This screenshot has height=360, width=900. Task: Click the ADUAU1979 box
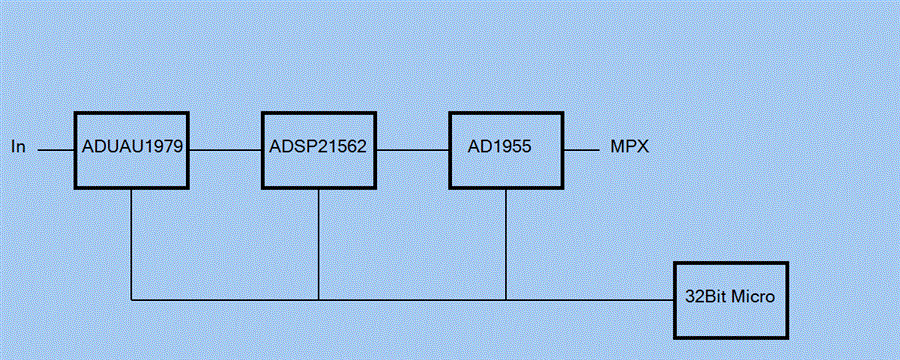coord(132,149)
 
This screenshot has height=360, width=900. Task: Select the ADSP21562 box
coord(319,149)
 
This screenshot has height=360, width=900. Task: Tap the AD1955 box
coord(506,149)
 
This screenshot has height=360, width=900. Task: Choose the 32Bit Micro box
coord(731,299)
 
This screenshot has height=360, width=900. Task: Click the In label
coord(18,148)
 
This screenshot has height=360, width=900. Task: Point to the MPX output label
coord(630,148)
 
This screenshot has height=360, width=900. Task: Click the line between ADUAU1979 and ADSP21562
coord(225,149)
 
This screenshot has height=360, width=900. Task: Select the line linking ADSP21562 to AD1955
coord(412,149)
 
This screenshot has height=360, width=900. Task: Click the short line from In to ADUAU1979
coord(57,149)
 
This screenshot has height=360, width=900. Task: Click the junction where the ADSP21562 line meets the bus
coord(319,299)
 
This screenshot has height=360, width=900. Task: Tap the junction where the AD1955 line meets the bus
coord(506,299)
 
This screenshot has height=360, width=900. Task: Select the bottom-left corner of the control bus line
coord(132,299)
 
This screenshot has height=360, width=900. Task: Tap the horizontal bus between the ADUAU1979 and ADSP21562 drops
coord(225,299)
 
